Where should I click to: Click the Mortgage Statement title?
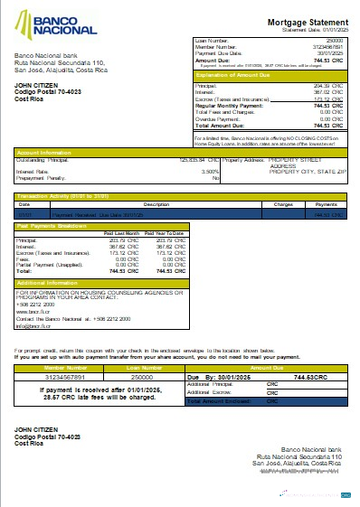pos(303,21)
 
